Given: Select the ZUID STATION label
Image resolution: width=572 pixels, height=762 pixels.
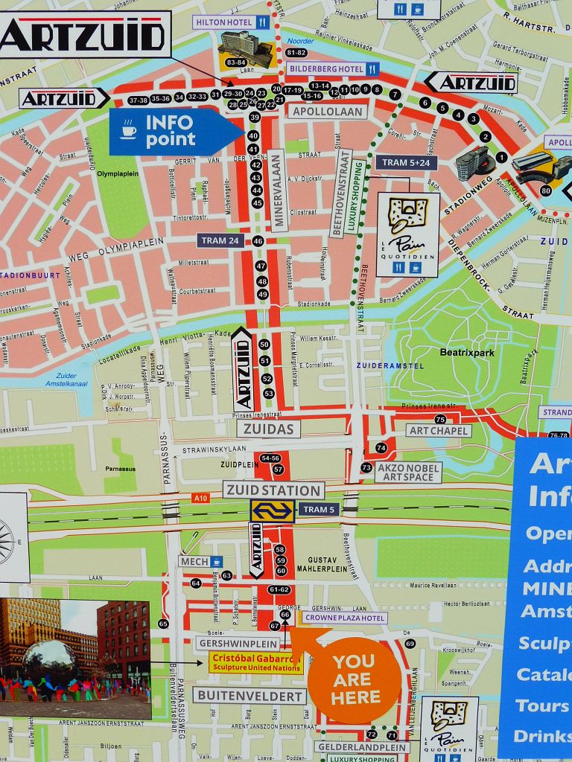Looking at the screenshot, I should tap(273, 490).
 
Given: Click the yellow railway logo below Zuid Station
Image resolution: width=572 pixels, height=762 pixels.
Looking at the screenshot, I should tap(272, 510).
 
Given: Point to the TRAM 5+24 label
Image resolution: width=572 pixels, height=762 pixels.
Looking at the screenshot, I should tap(406, 162).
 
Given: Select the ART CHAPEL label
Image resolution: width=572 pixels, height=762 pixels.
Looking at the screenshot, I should tap(439, 431).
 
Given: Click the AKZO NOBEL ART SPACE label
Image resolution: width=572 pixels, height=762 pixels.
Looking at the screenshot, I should tap(408, 472).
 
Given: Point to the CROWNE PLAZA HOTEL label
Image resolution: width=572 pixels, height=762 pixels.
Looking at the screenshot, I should tap(343, 618).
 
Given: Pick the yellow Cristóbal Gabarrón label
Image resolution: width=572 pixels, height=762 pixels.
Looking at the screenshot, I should tap(255, 662).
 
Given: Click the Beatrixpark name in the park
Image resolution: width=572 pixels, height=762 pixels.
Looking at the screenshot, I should tap(467, 353).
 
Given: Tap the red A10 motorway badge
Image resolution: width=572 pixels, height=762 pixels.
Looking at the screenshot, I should tap(200, 498).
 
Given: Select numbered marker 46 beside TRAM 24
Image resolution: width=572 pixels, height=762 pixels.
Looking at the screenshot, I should tap(258, 241).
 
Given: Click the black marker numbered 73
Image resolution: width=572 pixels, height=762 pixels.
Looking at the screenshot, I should tap(366, 467).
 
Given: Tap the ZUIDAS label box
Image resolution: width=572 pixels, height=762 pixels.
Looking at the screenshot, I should tap(269, 429).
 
